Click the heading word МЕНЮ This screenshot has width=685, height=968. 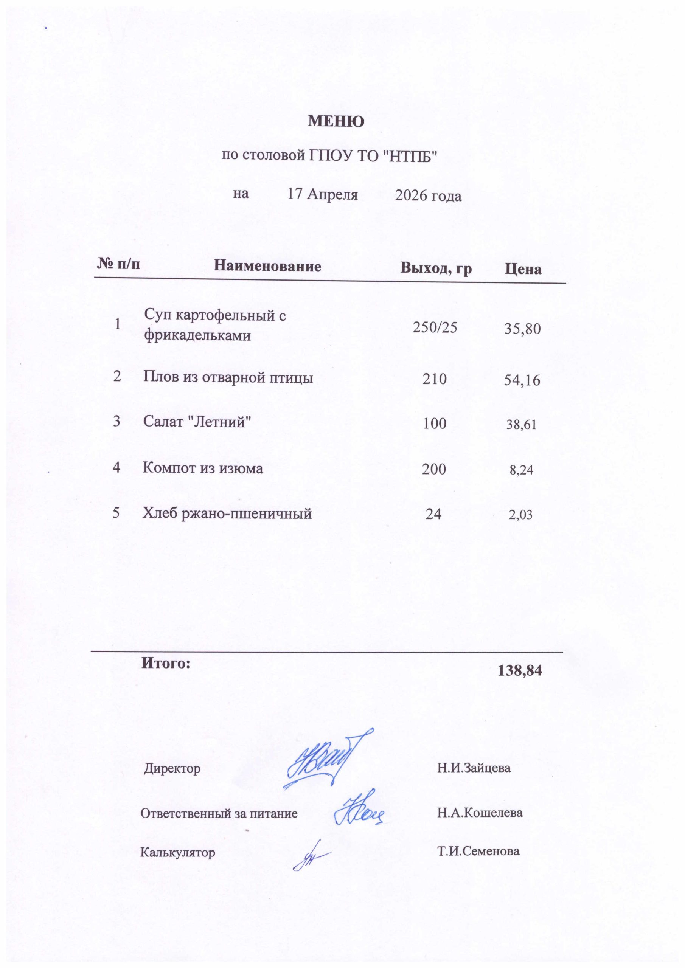click(336, 122)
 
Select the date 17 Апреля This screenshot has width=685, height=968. click(323, 194)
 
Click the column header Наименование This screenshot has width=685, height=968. click(267, 266)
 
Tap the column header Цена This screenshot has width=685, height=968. click(523, 269)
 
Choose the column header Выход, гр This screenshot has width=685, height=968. click(436, 268)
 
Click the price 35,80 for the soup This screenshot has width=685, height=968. click(522, 329)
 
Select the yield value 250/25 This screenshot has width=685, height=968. click(435, 327)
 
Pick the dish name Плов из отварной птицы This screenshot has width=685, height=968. click(228, 377)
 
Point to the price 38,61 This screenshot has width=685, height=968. click(521, 425)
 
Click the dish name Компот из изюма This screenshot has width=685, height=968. click(203, 468)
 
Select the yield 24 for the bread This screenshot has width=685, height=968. click(433, 513)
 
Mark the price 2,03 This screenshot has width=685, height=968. click(520, 515)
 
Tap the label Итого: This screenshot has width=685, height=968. click(166, 663)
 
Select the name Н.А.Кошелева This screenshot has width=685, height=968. click(480, 813)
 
